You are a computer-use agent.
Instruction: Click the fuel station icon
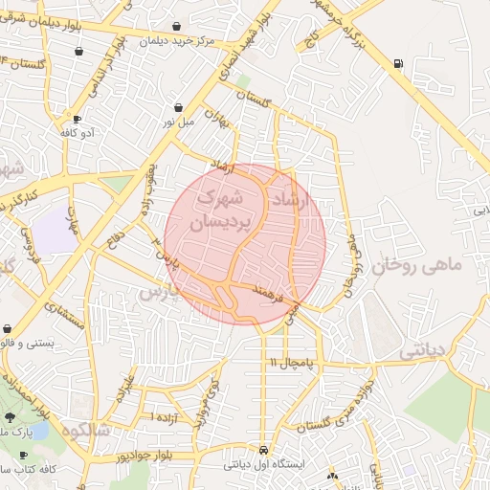[397, 64]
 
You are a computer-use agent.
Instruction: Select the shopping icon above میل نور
[180, 107]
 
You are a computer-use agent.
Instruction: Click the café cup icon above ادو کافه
[77, 119]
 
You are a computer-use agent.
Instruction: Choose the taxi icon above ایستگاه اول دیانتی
[263, 450]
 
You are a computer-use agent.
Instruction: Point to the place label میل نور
[178, 122]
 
